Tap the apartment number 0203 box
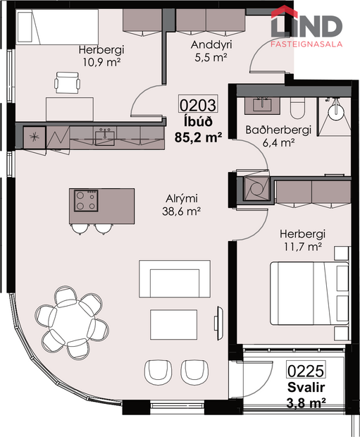(198, 106)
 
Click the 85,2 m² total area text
(198, 137)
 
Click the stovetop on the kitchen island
(87, 201)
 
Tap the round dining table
(70, 321)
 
